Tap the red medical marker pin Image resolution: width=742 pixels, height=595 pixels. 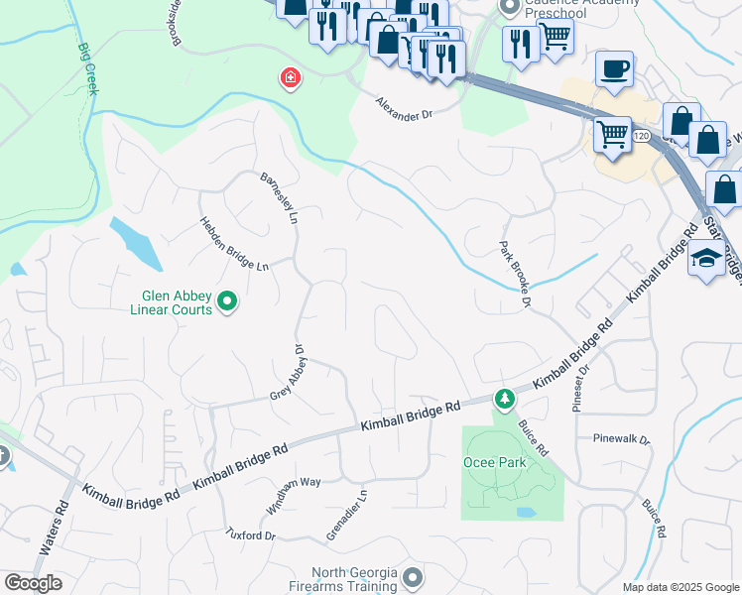tap(290, 77)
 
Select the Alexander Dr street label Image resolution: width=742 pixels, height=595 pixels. tap(405, 107)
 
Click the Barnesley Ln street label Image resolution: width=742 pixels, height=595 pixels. tap(279, 197)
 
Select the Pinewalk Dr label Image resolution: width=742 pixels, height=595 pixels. tap(620, 438)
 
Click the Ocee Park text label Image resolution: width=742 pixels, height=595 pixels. tap(491, 462)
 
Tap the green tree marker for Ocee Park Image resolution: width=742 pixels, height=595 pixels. tap(505, 399)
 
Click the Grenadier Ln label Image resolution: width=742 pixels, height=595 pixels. tap(347, 515)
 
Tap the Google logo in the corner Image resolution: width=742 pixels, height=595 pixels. tap(33, 583)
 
